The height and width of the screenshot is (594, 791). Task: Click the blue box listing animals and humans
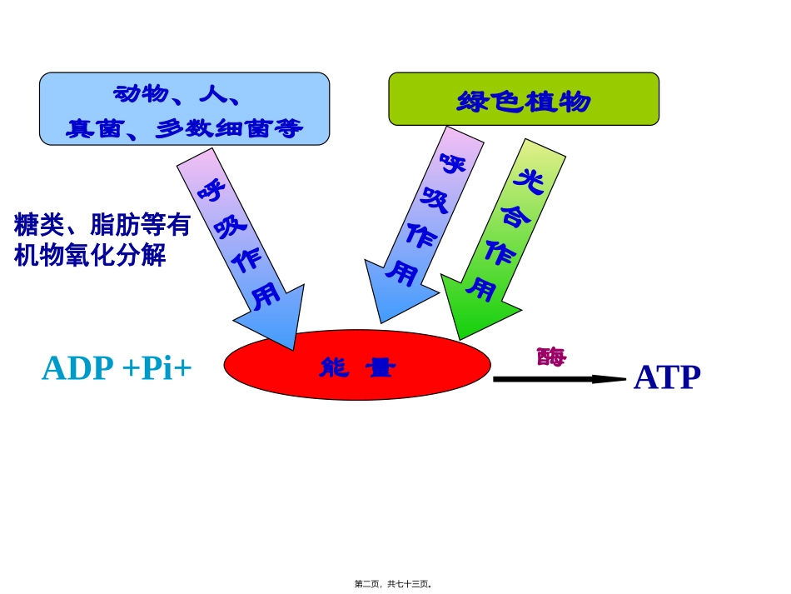pos(184,108)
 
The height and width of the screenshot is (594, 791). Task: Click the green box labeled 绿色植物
pos(523,99)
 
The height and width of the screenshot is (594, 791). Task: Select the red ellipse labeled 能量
pos(357,365)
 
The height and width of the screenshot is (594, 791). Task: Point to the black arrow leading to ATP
pos(558,379)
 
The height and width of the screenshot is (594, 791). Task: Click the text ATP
pos(667,377)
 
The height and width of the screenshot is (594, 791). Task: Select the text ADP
pos(77,368)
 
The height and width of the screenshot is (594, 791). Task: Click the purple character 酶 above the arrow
pos(551,357)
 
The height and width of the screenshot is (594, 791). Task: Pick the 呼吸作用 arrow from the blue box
pos(238,242)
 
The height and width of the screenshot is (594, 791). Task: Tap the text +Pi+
pos(157,368)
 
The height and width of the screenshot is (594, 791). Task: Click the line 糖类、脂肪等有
pos(102,225)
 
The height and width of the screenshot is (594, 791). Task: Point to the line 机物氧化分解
pos(90,255)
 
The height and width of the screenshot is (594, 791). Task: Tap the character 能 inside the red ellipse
pos(335,367)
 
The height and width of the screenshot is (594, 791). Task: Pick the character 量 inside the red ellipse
pos(381,367)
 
